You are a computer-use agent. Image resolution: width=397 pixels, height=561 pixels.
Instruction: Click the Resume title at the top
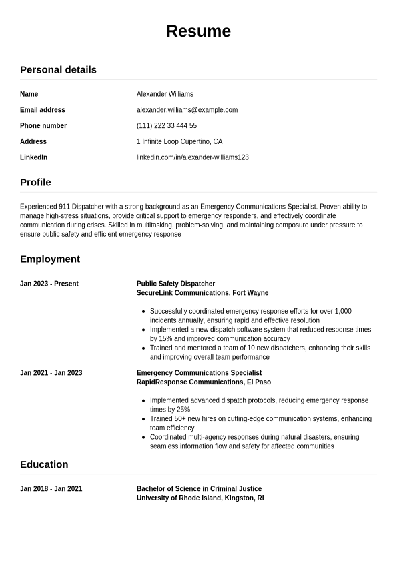point(198,31)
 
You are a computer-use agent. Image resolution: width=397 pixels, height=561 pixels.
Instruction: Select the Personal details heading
point(58,69)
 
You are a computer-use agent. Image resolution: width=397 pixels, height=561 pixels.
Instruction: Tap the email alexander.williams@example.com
point(187,110)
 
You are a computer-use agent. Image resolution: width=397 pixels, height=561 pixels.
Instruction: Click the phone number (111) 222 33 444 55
point(167,126)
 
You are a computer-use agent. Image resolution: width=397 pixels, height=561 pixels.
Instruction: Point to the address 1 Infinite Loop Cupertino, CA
point(179,141)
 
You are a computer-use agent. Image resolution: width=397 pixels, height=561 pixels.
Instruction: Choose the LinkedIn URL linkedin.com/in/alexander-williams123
point(193,157)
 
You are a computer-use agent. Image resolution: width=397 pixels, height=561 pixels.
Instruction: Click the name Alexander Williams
point(165,94)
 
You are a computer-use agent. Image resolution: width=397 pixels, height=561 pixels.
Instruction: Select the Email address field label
point(43,110)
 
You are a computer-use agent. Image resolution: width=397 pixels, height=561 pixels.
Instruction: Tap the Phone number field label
point(43,126)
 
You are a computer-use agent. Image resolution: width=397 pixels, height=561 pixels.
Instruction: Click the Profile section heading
point(35,182)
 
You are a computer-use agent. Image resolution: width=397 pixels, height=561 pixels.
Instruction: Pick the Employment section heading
point(50,259)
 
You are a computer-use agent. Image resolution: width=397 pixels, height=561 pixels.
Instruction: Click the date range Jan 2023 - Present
point(49,284)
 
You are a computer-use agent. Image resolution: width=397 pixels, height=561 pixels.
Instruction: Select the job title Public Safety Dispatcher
point(175,284)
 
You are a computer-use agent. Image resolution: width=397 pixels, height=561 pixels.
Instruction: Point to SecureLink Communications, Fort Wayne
point(202,293)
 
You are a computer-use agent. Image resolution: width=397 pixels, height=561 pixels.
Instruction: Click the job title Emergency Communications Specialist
point(199,373)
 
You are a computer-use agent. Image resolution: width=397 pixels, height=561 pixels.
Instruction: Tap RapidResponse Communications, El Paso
point(204,382)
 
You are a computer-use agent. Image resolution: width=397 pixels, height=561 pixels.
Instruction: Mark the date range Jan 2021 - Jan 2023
point(51,373)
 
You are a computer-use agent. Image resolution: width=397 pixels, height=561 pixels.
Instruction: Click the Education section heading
point(44,464)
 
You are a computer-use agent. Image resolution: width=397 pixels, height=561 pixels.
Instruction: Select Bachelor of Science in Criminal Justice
point(199,489)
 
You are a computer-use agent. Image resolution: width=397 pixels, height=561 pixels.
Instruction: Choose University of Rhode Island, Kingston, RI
point(200,498)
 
